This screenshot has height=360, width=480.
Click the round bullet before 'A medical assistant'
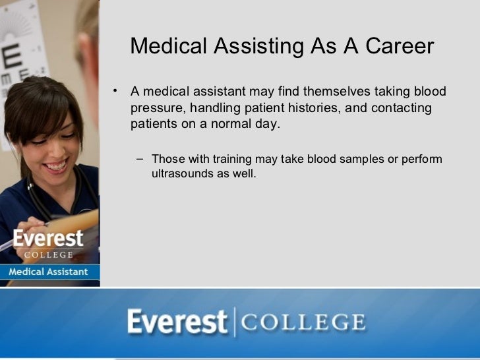click(114, 90)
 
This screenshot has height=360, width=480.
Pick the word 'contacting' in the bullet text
click(402, 107)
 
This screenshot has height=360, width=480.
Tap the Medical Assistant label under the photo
click(49, 272)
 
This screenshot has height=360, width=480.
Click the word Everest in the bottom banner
click(177, 324)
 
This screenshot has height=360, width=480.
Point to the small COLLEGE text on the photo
click(48, 254)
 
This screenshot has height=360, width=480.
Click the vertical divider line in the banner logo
click(233, 323)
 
